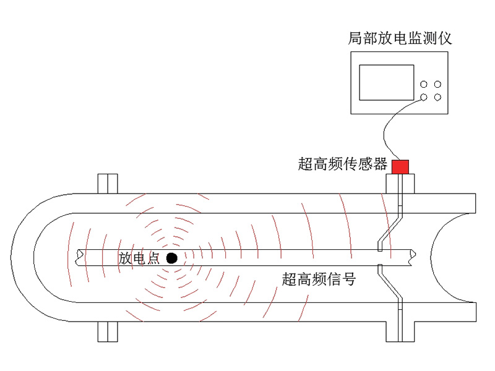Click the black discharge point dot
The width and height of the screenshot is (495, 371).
[172, 258]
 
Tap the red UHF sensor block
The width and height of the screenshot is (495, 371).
[400, 167]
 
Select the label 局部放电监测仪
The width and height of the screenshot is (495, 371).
[400, 38]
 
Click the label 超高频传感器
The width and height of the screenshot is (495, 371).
[343, 164]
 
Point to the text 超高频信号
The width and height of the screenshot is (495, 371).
[319, 279]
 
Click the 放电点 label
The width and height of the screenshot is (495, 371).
[139, 258]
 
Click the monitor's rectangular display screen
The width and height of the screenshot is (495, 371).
[387, 83]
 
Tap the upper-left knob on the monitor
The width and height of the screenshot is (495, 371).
[424, 84]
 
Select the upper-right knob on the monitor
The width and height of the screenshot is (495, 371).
[437, 84]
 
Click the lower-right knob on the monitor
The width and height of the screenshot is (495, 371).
[437, 97]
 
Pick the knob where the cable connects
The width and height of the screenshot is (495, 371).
[424, 97]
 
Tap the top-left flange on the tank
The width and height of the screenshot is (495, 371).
[108, 184]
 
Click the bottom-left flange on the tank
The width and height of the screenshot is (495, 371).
[108, 331]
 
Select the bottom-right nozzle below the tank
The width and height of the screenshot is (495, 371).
[400, 331]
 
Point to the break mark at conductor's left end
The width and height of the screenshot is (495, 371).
[79, 257]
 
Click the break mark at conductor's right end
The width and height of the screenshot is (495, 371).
[413, 257]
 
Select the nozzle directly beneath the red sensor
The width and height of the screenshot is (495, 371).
[400, 184]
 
